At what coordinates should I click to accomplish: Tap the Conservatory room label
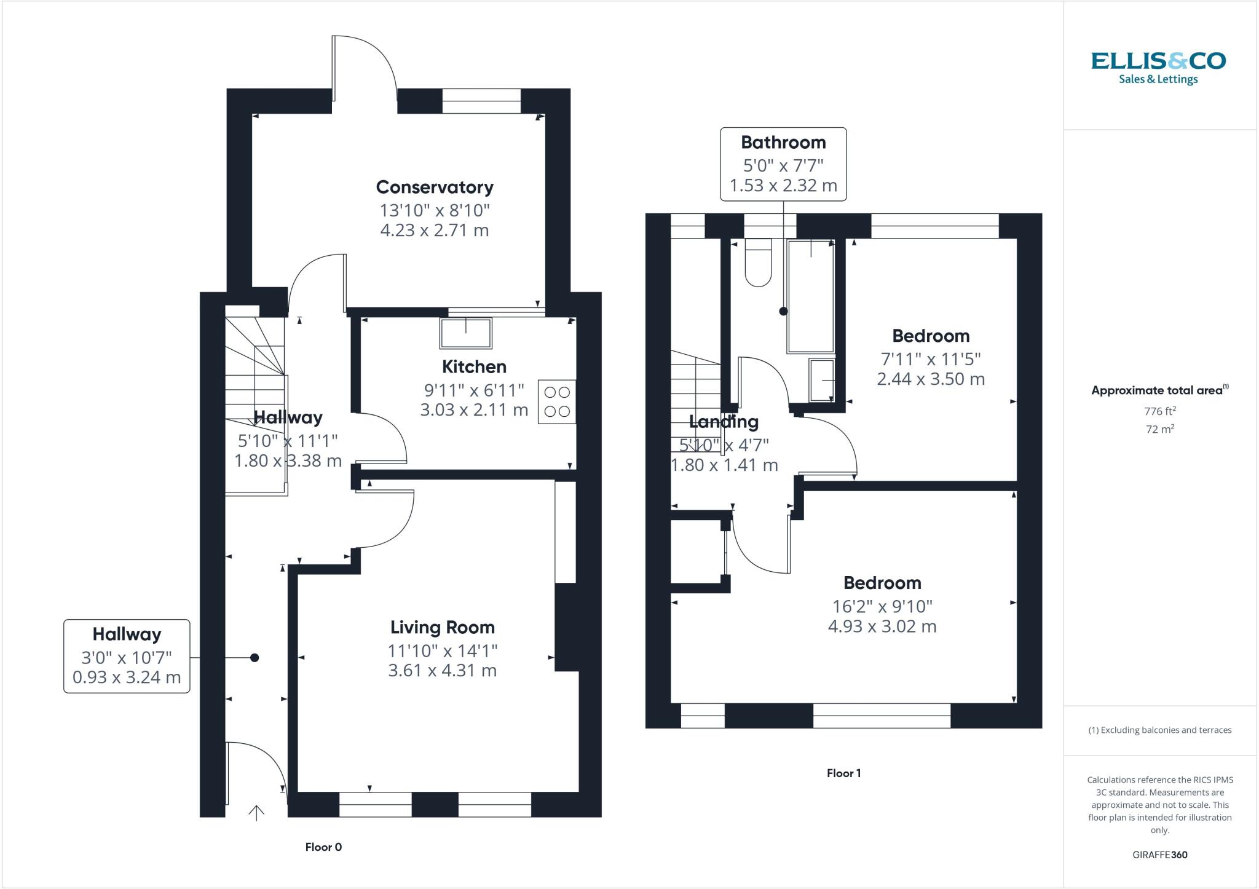click(435, 187)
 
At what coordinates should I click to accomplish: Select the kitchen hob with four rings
click(557, 401)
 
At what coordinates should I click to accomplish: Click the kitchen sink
click(466, 333)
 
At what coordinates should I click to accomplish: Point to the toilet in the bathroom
click(758, 263)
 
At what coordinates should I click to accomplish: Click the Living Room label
click(442, 627)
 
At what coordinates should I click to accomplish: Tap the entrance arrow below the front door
click(256, 813)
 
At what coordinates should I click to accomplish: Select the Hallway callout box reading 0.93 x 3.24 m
click(127, 656)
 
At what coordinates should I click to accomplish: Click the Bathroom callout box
click(783, 164)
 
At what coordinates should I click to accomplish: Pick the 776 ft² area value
click(1160, 411)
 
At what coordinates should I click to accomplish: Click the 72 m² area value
click(1160, 429)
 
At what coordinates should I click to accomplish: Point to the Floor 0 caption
click(323, 847)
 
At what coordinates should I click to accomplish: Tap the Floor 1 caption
click(843, 773)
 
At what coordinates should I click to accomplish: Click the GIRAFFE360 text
click(1159, 855)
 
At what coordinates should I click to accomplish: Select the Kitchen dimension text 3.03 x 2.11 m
click(474, 409)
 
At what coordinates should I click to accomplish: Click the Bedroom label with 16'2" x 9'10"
click(882, 583)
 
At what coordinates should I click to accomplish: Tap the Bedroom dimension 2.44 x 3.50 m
click(931, 379)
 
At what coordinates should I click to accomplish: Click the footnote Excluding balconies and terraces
click(1159, 730)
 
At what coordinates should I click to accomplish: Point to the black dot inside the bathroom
click(783, 311)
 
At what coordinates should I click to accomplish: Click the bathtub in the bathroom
click(811, 296)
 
